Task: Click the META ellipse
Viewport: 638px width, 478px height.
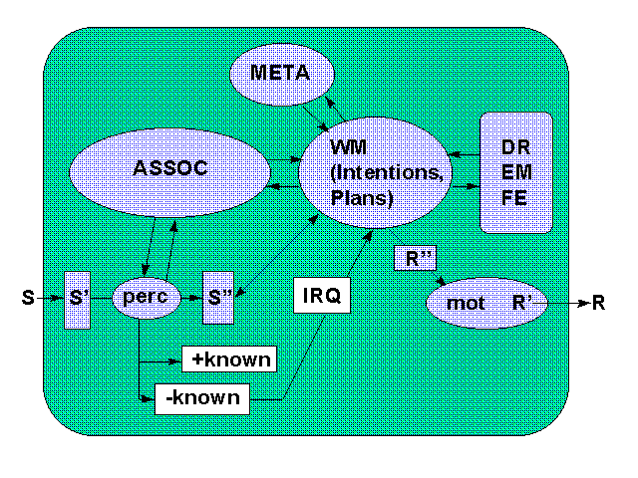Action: pyautogui.click(x=281, y=73)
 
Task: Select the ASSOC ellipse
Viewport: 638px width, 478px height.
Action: pyautogui.click(x=169, y=168)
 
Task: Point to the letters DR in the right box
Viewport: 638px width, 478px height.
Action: pyautogui.click(x=516, y=145)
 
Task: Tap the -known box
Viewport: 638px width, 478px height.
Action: pyautogui.click(x=202, y=398)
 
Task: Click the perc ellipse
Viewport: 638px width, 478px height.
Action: pyautogui.click(x=146, y=297)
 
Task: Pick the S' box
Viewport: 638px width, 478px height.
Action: pyautogui.click(x=79, y=298)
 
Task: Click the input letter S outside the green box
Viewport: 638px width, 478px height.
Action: pyautogui.click(x=28, y=297)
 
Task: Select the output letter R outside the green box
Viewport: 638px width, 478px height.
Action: pyautogui.click(x=598, y=303)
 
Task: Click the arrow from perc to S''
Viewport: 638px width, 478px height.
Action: pyautogui.click(x=190, y=297)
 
